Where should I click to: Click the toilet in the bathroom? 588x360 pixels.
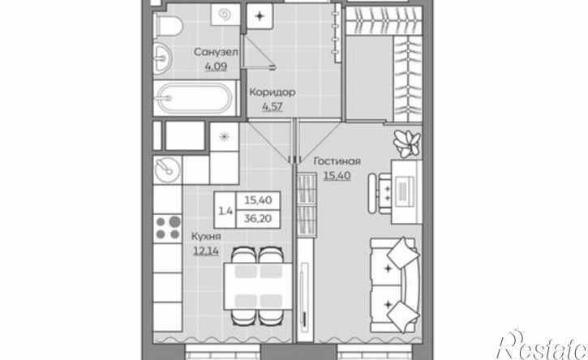point(168,25)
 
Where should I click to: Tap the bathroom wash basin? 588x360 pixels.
point(162,58)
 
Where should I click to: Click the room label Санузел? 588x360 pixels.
point(216,52)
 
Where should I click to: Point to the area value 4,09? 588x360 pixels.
point(216,66)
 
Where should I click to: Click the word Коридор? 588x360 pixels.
point(273,92)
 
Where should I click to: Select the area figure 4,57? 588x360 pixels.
point(273,106)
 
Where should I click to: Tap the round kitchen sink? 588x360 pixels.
point(167,170)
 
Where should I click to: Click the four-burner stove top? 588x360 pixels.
point(168,229)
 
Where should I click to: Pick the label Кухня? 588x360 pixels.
point(206,237)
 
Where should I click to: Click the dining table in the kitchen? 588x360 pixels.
point(258,286)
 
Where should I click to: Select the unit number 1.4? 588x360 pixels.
point(225,211)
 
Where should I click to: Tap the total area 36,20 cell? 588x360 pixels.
point(258,218)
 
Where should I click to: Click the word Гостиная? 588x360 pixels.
point(337,161)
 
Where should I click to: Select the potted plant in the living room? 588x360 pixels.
point(407,143)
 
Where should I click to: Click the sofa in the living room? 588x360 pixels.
point(394,285)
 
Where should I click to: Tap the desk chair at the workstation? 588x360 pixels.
point(380,193)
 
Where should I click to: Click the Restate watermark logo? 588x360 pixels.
point(542,345)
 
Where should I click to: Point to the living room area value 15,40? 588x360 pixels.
point(337,175)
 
